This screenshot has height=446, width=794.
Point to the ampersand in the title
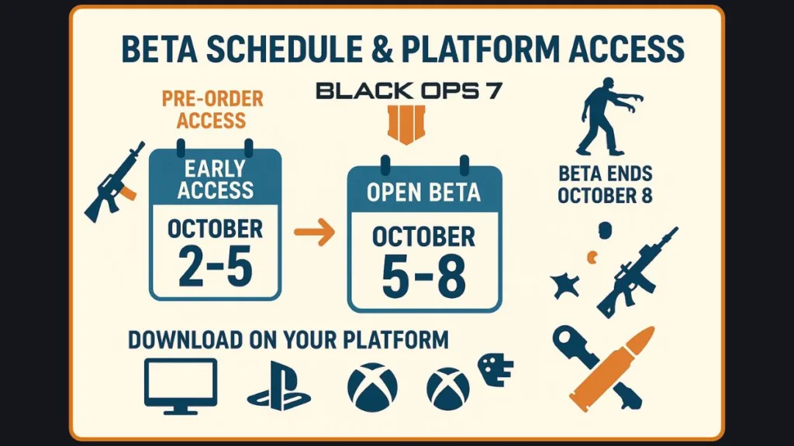click(382, 49)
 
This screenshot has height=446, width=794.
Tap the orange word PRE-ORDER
click(212, 98)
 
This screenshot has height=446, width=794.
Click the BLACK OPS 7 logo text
click(409, 91)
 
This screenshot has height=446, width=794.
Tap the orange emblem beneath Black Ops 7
click(406, 125)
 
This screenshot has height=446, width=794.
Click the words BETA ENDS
click(605, 174)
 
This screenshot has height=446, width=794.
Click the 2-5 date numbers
click(216, 268)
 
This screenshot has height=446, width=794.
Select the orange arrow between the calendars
click(315, 232)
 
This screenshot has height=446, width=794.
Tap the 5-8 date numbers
click(424, 276)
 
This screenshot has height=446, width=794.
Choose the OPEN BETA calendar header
click(424, 192)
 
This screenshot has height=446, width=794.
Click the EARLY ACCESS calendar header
click(216, 179)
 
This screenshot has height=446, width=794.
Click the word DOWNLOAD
click(185, 339)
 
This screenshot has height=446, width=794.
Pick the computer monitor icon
click(181, 386)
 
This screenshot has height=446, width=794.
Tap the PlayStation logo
click(279, 386)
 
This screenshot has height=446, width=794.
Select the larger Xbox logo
click(372, 387)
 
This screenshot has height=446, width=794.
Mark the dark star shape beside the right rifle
click(564, 286)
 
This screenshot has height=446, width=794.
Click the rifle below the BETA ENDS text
click(637, 273)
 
